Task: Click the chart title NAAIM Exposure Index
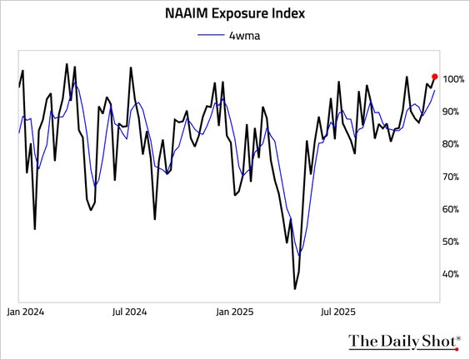coord(235,14)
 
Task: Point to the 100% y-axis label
coord(455,79)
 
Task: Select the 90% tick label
coord(453,112)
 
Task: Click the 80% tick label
coord(453,144)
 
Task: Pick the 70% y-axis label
coord(453,177)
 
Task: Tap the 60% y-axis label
coord(453,209)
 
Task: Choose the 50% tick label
coord(453,242)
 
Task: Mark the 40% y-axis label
coord(453,274)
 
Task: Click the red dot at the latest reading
coord(435,76)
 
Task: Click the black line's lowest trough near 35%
coord(295,288)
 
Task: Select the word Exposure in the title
coord(245,14)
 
